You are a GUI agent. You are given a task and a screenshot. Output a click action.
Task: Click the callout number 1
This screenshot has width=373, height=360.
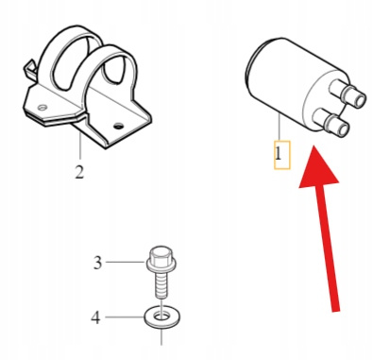tap(279, 155)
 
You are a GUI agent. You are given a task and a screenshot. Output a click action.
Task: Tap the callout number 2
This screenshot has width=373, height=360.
tap(79, 172)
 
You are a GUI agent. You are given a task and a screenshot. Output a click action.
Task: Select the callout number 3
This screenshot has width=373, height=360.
tap(98, 263)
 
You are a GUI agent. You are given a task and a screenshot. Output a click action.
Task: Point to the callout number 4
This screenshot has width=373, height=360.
tap(95, 317)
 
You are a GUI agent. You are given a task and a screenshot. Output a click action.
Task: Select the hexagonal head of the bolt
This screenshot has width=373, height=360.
tap(161, 254)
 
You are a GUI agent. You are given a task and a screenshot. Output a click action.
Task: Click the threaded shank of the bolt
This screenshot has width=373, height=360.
tap(161, 285)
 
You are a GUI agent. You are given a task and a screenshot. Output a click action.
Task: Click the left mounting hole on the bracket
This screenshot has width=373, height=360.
tap(42, 108)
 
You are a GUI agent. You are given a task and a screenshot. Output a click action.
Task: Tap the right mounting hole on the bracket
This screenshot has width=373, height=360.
tap(118, 127)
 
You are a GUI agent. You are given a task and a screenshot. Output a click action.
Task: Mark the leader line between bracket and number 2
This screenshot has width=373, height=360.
tap(80, 146)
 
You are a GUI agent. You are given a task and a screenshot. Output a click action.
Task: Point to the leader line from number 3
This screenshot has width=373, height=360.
tap(126, 262)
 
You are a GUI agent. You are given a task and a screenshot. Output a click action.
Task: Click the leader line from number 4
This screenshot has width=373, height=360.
tap(125, 317)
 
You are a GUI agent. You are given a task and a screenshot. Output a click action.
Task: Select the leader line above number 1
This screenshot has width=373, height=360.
tap(280, 129)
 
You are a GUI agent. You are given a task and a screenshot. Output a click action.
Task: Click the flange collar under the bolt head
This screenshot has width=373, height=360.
tap(161, 265)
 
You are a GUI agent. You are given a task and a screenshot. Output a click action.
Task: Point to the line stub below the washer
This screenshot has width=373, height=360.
tap(161, 337)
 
